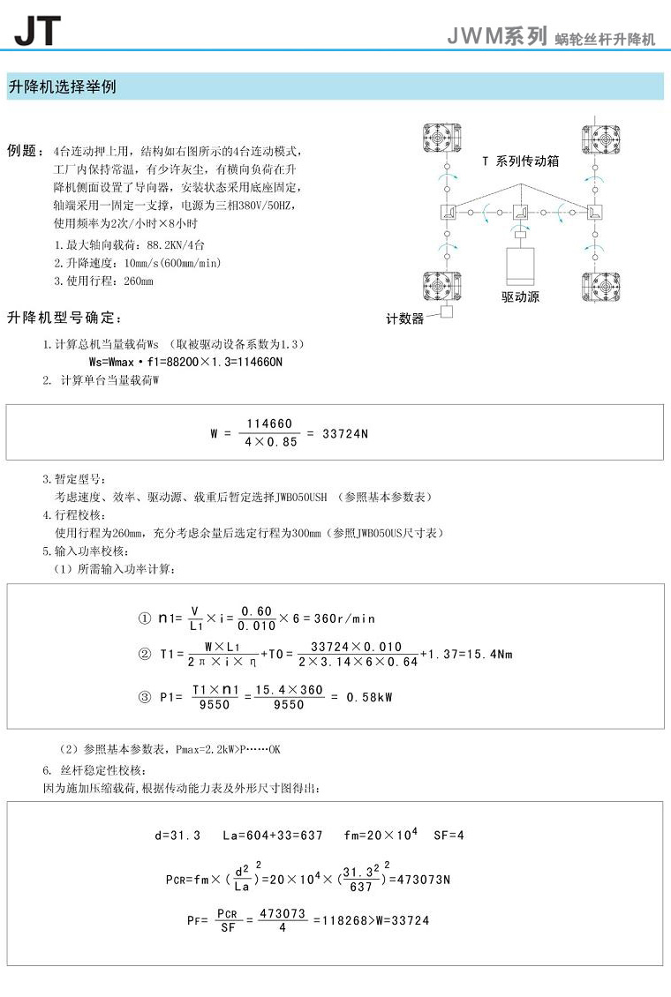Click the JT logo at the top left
37,30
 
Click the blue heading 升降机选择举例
62,86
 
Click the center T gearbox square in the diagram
521,212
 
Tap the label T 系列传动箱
520,161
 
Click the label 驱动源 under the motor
520,297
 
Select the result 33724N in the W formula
345,433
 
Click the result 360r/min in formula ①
345,618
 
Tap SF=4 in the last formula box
449,835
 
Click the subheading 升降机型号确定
66,318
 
